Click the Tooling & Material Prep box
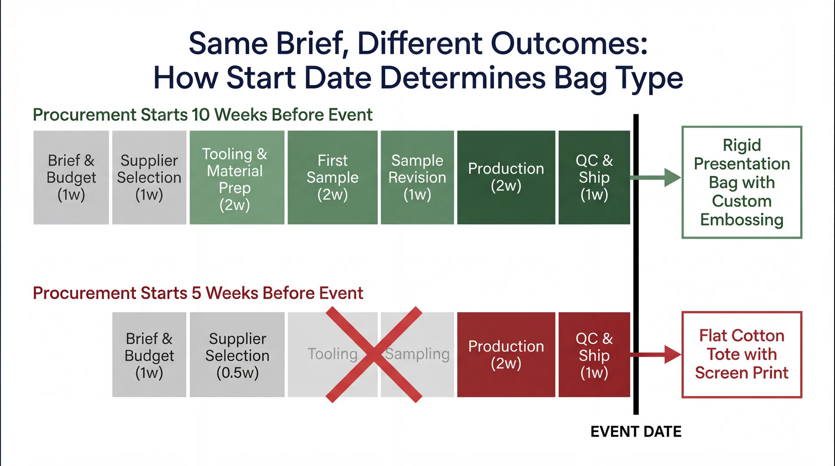[x=237, y=178]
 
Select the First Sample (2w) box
[x=332, y=178]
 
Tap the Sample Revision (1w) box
[x=417, y=178]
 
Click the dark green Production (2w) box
[x=506, y=178]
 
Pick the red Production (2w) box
[x=506, y=355]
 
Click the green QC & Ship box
[x=594, y=178]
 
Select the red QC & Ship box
[x=594, y=355]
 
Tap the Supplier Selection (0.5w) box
[x=237, y=355]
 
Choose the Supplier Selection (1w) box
[x=149, y=178]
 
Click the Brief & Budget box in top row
[x=71, y=178]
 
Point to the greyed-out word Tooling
[x=332, y=354]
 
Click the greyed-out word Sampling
[x=417, y=354]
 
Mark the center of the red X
[x=374, y=355]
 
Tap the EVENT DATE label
[x=636, y=432]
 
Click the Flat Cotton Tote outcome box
[x=741, y=355]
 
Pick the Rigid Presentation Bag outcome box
[x=741, y=182]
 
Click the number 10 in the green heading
[x=200, y=115]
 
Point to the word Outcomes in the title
[x=569, y=43]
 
